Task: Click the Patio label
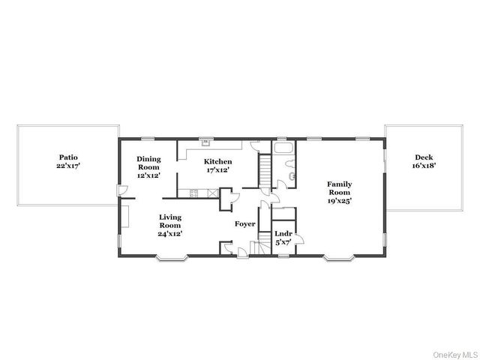tap(67, 161)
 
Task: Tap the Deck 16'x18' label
tap(424, 161)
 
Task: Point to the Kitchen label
tap(218, 165)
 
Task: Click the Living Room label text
tap(170, 225)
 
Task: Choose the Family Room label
tap(340, 192)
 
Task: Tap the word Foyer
tap(244, 224)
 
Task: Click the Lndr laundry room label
tap(283, 237)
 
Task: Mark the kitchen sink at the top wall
tap(205, 142)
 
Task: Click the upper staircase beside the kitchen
tap(264, 172)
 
